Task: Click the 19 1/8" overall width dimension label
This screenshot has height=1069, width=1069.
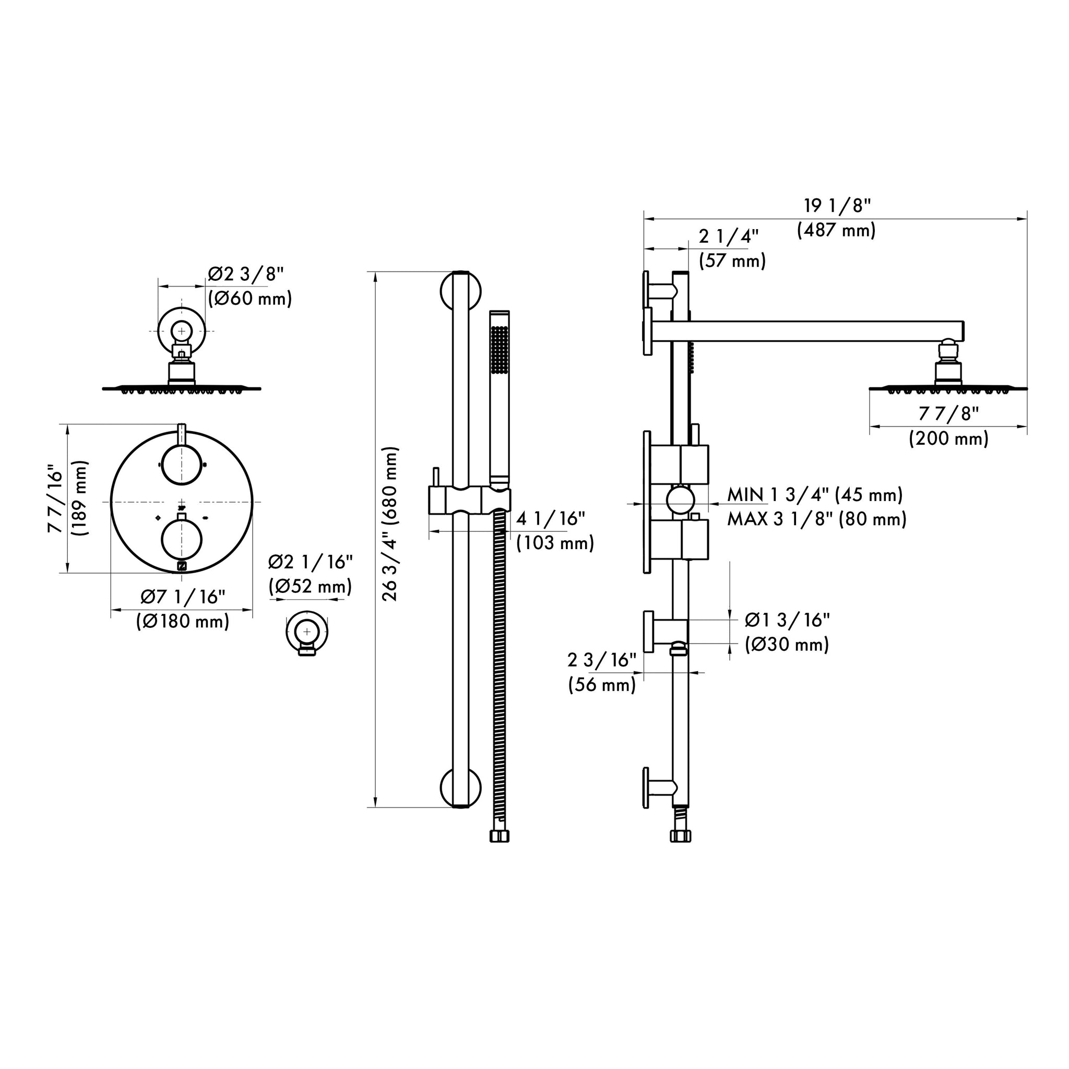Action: coord(837,206)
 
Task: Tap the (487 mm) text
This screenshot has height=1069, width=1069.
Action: coord(836,230)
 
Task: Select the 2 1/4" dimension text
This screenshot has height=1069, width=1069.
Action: coord(728,236)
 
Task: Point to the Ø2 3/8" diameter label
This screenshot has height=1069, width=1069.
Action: coord(246,274)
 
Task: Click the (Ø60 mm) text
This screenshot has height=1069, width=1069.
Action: coord(250,299)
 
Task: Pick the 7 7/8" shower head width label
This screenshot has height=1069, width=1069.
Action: coord(948,413)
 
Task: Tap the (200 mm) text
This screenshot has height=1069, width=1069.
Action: coord(948,439)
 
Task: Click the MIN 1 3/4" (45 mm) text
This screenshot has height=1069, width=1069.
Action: coord(815,494)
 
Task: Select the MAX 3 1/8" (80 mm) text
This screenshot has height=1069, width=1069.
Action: coord(817,519)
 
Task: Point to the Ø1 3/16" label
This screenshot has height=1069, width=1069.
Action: coord(787,620)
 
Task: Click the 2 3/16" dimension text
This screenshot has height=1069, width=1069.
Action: coord(602,660)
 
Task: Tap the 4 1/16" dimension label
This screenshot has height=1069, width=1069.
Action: coord(551,518)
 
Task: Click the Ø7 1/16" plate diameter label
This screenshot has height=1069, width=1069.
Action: coord(183,597)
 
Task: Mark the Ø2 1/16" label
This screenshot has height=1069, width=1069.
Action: coord(311,562)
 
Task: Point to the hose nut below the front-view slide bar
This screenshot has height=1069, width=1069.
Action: coord(499,836)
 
